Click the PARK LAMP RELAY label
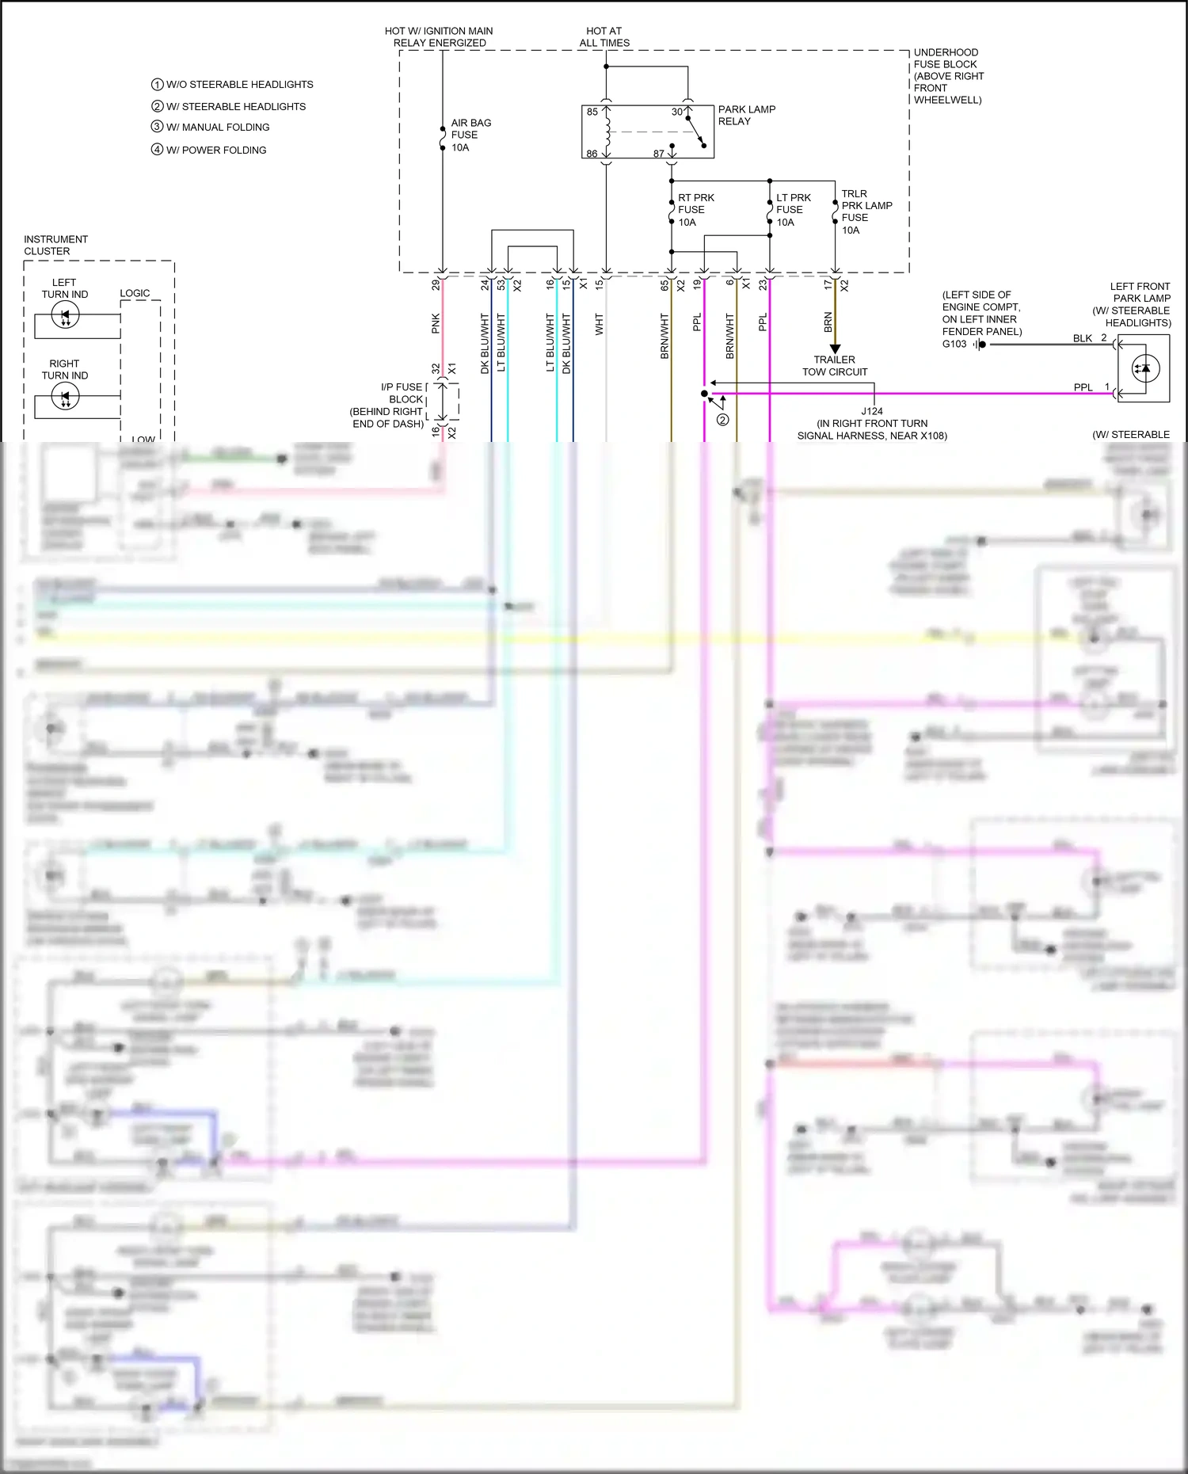pyautogui.click(x=746, y=116)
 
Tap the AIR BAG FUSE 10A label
pyautogui.click(x=470, y=135)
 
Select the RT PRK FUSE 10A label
pyautogui.click(x=695, y=210)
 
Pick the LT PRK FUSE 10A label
pyautogui.click(x=793, y=210)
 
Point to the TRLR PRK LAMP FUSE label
pyautogui.click(x=866, y=211)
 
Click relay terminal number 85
pyautogui.click(x=592, y=112)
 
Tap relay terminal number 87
pyautogui.click(x=658, y=154)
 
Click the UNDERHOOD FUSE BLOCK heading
pyautogui.click(x=948, y=76)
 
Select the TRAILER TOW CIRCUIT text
pyautogui.click(x=835, y=366)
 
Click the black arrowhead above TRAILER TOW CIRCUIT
pyautogui.click(x=835, y=349)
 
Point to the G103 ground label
pyautogui.click(x=954, y=344)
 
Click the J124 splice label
pyautogui.click(x=872, y=411)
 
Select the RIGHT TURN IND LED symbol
pyautogui.click(x=65, y=397)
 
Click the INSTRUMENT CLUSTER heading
pyautogui.click(x=55, y=246)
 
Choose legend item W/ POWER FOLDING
pyautogui.click(x=215, y=150)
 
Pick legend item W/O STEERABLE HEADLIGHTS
pyautogui.click(x=239, y=85)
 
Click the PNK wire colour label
pyautogui.click(x=436, y=323)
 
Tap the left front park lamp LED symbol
pyautogui.click(x=1145, y=368)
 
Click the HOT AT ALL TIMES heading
pyautogui.click(x=604, y=37)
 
